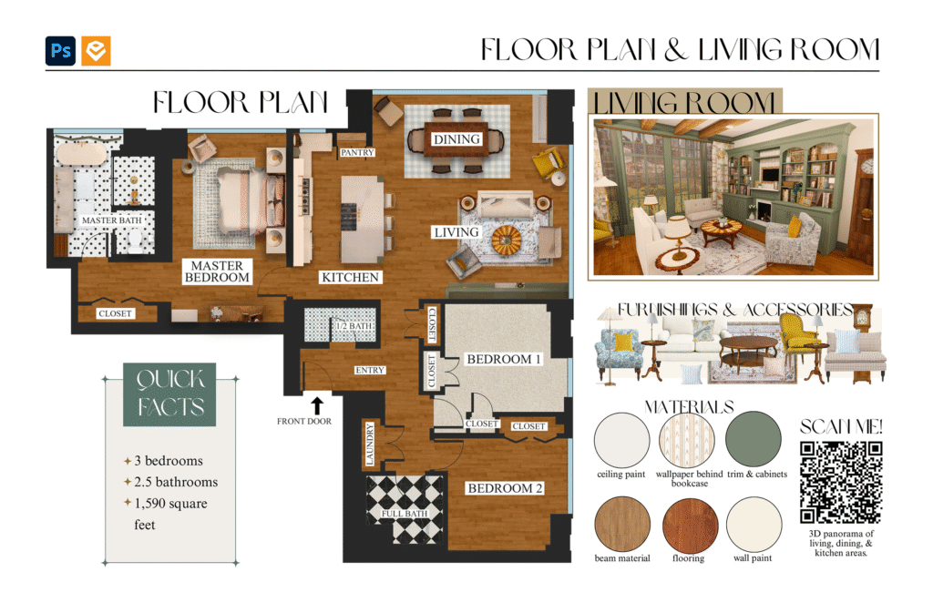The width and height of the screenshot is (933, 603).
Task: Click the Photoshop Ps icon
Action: tap(61, 50)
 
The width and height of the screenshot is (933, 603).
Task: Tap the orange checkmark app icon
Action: tap(96, 50)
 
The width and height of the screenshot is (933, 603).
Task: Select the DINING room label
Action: tap(456, 139)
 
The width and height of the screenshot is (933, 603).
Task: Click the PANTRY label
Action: tap(357, 153)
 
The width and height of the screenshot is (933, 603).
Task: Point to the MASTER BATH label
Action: tap(112, 220)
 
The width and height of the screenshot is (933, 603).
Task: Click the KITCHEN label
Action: tap(350, 277)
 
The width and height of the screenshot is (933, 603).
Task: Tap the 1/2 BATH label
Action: tap(354, 326)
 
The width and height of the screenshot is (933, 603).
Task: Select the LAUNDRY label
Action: tap(370, 444)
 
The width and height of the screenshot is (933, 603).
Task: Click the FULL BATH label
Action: tap(405, 513)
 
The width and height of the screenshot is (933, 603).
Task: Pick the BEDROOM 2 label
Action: tap(505, 488)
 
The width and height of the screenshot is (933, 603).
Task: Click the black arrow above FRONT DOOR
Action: tap(317, 405)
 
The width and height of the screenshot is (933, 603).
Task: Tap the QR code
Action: tap(841, 483)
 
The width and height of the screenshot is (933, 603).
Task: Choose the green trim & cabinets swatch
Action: tap(754, 439)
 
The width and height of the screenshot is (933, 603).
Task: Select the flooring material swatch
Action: tap(691, 525)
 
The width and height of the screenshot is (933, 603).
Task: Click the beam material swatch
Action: tap(622, 525)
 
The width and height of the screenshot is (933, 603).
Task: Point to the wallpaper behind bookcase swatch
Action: tap(687, 440)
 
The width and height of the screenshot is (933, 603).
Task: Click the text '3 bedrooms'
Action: tap(169, 461)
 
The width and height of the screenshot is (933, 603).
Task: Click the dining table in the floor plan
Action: tap(456, 140)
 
